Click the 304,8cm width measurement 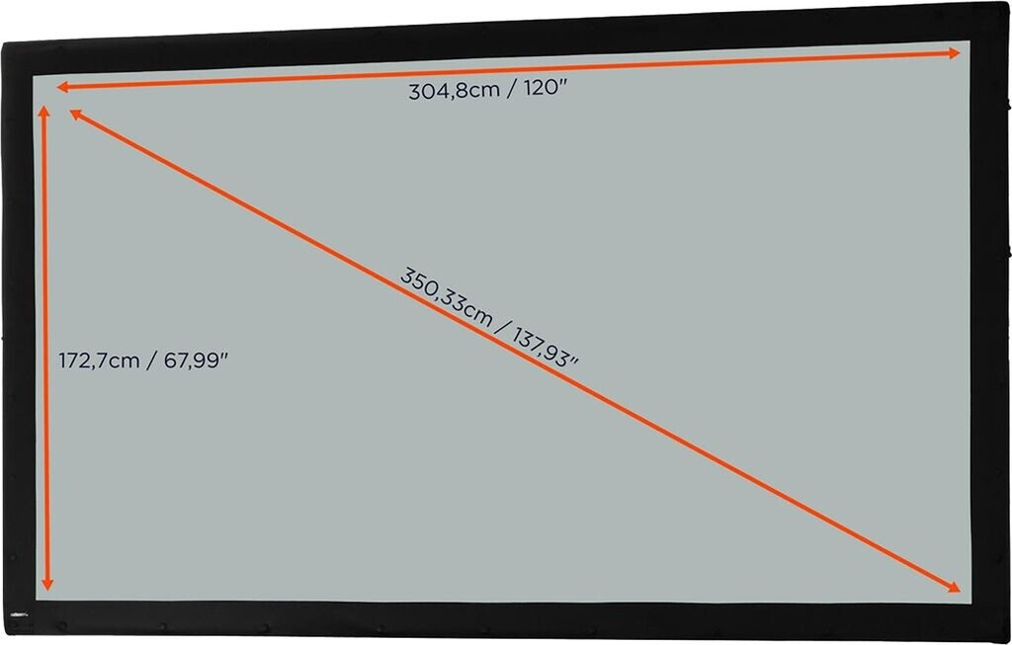451,91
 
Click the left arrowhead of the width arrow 61,87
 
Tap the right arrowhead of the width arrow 955,53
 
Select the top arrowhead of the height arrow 43,111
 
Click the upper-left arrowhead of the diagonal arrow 75,115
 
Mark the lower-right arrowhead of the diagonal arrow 953,587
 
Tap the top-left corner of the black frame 5,44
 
